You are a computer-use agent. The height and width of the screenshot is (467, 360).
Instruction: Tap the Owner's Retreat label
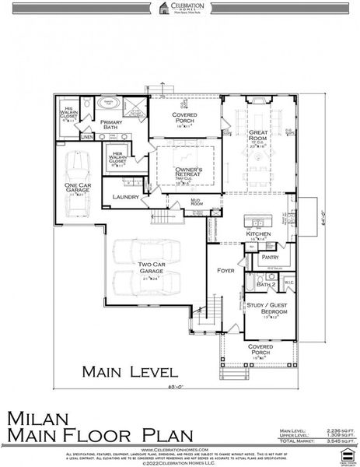point(187,172)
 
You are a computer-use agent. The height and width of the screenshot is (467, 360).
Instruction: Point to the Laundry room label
point(125,197)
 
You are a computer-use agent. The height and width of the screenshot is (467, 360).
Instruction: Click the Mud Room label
point(196,202)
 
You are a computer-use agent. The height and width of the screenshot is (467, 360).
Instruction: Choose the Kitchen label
point(257,233)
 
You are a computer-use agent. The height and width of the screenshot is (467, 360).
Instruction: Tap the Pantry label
point(271,256)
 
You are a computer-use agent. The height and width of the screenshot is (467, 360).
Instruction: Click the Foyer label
point(225,271)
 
